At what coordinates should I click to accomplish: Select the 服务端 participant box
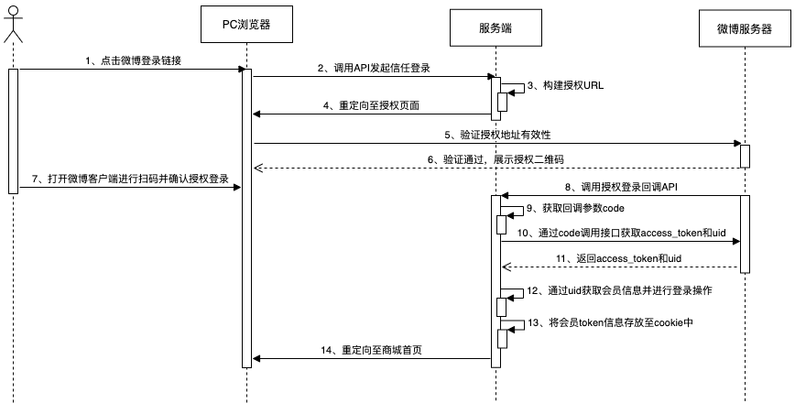(x=496, y=27)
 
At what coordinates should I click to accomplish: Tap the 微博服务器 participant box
(x=745, y=27)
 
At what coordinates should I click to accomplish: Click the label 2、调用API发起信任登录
(x=374, y=68)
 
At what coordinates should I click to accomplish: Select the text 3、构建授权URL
(x=566, y=85)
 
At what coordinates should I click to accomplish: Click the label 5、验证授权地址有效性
(x=498, y=135)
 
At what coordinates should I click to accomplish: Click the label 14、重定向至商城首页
(x=374, y=351)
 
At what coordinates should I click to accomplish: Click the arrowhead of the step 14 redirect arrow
(x=256, y=360)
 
